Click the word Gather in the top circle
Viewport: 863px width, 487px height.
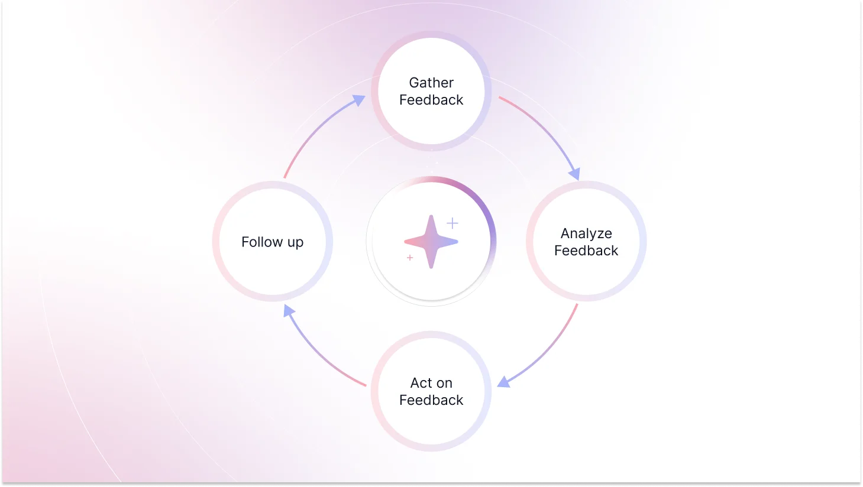pos(431,83)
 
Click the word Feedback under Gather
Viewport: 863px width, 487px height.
pos(431,100)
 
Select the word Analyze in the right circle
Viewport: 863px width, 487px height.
pos(586,233)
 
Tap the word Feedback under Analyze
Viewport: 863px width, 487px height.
pos(586,251)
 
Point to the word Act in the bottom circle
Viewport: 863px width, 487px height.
pos(421,383)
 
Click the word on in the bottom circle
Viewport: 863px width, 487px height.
pos(444,383)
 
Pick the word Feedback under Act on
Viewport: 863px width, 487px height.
pos(431,400)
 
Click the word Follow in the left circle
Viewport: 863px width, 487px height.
pos(262,242)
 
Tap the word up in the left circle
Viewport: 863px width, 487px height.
pos(295,243)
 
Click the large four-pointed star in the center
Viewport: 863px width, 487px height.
pos(431,241)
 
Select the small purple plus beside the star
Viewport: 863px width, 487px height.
pos(452,223)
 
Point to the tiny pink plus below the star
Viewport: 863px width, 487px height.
pos(410,258)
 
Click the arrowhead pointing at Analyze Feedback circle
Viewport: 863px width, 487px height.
pos(574,174)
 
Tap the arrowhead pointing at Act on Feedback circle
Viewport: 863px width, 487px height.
pos(504,382)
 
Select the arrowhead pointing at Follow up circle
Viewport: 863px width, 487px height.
pos(289,310)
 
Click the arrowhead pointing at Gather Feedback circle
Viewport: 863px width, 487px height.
pos(358,100)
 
